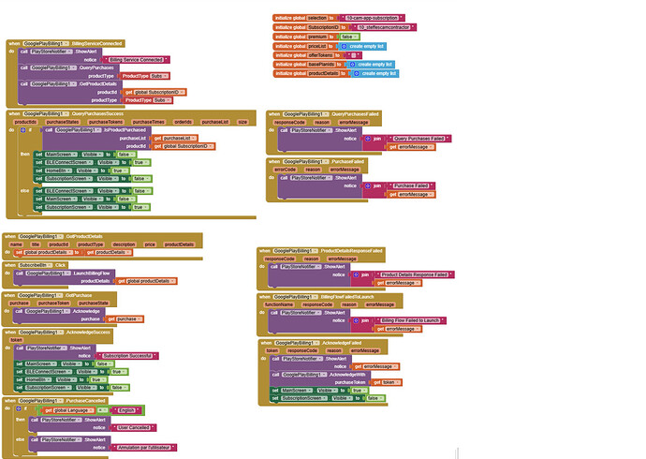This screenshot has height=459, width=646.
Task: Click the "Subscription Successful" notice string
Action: point(128,355)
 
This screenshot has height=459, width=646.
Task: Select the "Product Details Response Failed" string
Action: point(416,274)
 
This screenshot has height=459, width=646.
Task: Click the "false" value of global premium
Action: point(347,37)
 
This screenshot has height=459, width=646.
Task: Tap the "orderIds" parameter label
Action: point(183,122)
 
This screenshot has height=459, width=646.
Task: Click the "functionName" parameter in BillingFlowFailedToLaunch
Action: point(281,304)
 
